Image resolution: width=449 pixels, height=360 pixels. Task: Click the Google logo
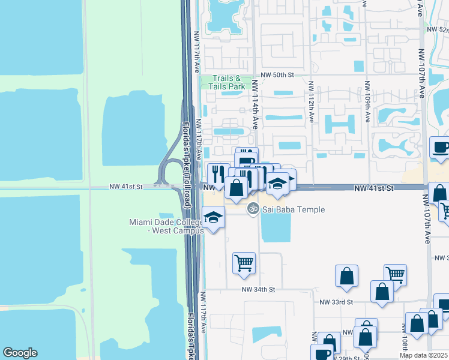coord(20,353)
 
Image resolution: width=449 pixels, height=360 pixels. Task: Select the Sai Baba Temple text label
coord(294,209)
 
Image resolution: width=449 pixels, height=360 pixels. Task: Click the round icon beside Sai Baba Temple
coord(253,209)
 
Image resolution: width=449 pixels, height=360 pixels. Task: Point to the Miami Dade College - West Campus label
coord(166,226)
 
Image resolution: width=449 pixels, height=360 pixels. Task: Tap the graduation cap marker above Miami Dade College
coord(213,217)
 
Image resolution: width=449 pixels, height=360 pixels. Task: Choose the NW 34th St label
coord(258,289)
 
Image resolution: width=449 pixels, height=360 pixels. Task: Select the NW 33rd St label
coord(336,302)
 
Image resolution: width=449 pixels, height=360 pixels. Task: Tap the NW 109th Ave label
coord(366,102)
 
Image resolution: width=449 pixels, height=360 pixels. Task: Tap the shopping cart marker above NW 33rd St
coord(395,275)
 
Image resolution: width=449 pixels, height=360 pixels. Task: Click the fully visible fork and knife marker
coord(218,174)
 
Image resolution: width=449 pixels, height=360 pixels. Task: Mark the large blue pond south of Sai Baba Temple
coord(276,228)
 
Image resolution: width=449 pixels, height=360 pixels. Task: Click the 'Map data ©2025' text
coord(423,355)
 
